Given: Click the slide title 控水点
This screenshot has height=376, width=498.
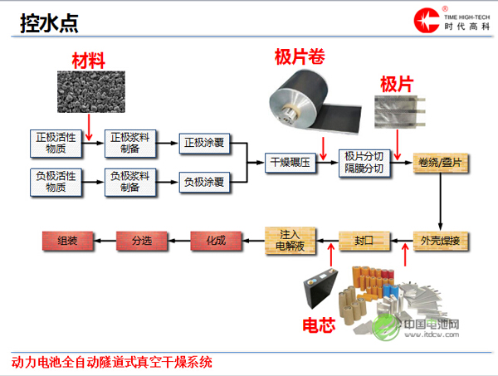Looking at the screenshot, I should tap(50, 23).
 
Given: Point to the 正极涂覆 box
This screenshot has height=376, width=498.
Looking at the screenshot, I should tap(203, 143).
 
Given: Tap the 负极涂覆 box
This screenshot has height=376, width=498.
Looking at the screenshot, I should tap(203, 182).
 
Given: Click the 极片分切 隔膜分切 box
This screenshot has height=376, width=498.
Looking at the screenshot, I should tap(364, 163).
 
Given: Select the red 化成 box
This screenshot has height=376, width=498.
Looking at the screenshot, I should tap(214, 241).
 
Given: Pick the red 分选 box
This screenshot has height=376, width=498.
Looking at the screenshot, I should tap(141, 241).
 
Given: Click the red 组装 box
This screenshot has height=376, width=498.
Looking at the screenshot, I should tap(67, 241).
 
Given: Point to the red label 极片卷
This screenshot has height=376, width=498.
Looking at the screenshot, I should tap(299, 56).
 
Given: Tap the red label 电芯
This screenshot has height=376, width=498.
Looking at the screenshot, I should tap(318, 325).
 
